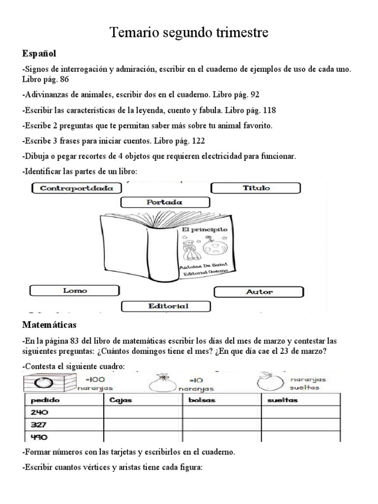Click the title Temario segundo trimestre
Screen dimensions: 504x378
[189, 33]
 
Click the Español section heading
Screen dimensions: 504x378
[39, 53]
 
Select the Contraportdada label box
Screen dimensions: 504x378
[76, 188]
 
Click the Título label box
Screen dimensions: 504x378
[255, 188]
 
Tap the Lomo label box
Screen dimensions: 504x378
[75, 291]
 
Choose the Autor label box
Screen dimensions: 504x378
[259, 292]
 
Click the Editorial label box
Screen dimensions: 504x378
[168, 306]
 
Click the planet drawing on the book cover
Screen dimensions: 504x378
[215, 247]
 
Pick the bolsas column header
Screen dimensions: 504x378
[202, 400]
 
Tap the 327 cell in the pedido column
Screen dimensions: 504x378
[39, 425]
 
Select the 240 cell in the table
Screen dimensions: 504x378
[39, 413]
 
